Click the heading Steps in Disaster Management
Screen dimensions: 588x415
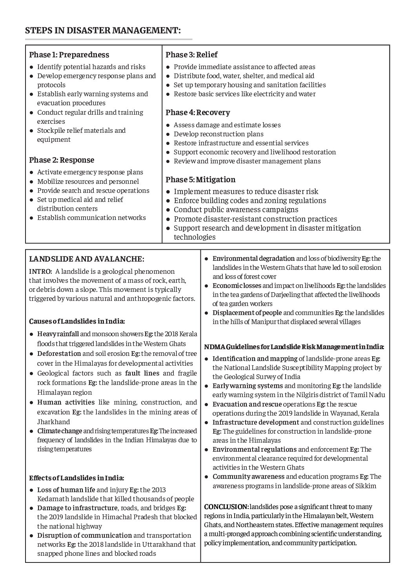(x=103, y=31)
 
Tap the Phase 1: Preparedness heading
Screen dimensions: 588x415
(x=69, y=55)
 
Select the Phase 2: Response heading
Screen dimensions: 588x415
(x=62, y=160)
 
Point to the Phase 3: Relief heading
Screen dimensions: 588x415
(x=191, y=55)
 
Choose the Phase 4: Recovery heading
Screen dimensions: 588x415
(x=198, y=112)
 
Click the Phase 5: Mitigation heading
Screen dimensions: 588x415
(x=200, y=180)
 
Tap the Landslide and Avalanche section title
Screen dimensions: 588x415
(x=87, y=259)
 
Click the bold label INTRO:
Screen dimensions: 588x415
(x=40, y=271)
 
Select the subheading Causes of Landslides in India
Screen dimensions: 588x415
(x=77, y=321)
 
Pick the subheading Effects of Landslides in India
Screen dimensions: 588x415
(x=76, y=478)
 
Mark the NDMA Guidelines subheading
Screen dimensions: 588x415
(x=294, y=347)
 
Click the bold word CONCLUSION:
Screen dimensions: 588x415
(x=226, y=507)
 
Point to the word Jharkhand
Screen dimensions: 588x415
(x=54, y=422)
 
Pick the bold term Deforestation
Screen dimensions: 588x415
(x=59, y=354)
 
